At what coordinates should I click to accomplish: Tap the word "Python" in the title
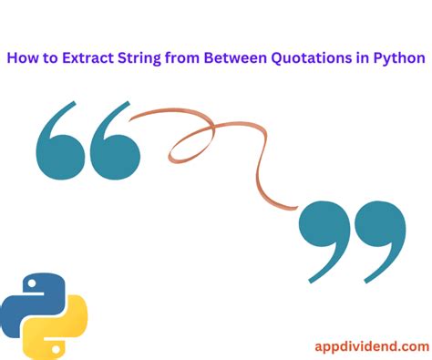click(x=400, y=58)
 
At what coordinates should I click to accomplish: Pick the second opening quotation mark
click(x=116, y=144)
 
